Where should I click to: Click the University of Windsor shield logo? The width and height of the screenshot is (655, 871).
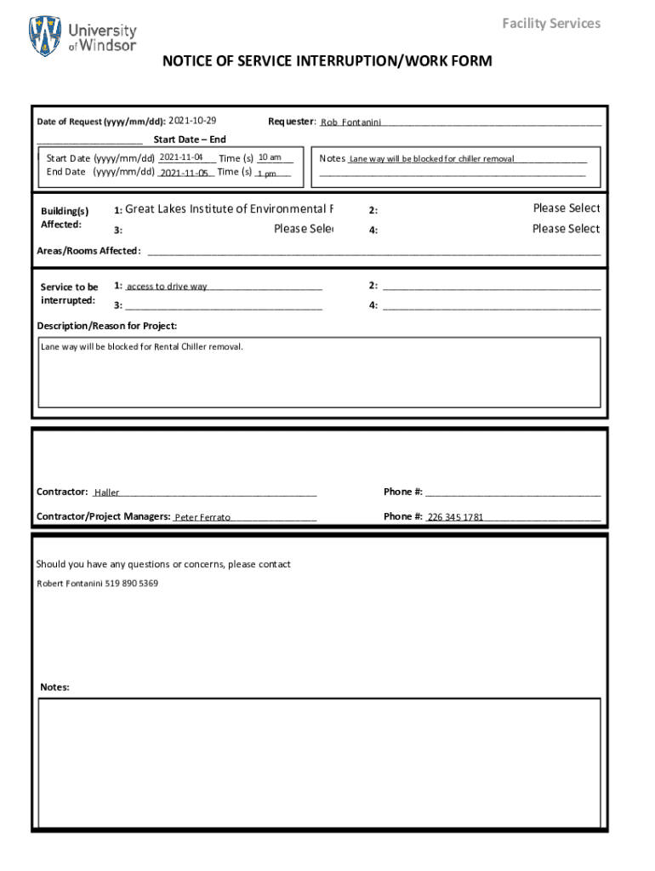tap(45, 36)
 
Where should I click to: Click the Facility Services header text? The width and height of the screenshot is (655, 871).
tap(550, 23)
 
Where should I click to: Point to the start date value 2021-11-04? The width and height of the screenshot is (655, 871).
tap(180, 157)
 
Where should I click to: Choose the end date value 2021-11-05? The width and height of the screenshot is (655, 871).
tap(184, 173)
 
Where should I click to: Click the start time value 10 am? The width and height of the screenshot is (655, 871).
tap(270, 157)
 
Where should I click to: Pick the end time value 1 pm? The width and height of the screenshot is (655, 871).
tap(267, 174)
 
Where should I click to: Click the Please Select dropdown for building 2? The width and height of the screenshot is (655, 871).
tap(566, 208)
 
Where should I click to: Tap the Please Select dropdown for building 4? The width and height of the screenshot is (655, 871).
tap(566, 229)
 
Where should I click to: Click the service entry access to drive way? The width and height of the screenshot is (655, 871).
tap(167, 287)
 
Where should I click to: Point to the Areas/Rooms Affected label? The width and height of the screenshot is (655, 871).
tap(88, 251)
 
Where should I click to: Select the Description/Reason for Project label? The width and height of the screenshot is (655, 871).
tap(107, 326)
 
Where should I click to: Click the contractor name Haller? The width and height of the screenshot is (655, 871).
tap(107, 492)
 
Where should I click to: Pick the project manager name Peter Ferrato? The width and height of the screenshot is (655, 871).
tap(202, 517)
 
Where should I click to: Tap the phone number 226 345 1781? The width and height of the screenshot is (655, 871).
tap(455, 517)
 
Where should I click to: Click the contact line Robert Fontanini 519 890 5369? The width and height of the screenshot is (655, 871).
tap(97, 584)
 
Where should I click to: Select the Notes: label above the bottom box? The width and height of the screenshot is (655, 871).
tap(54, 687)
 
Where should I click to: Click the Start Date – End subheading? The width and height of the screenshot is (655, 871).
tap(189, 139)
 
